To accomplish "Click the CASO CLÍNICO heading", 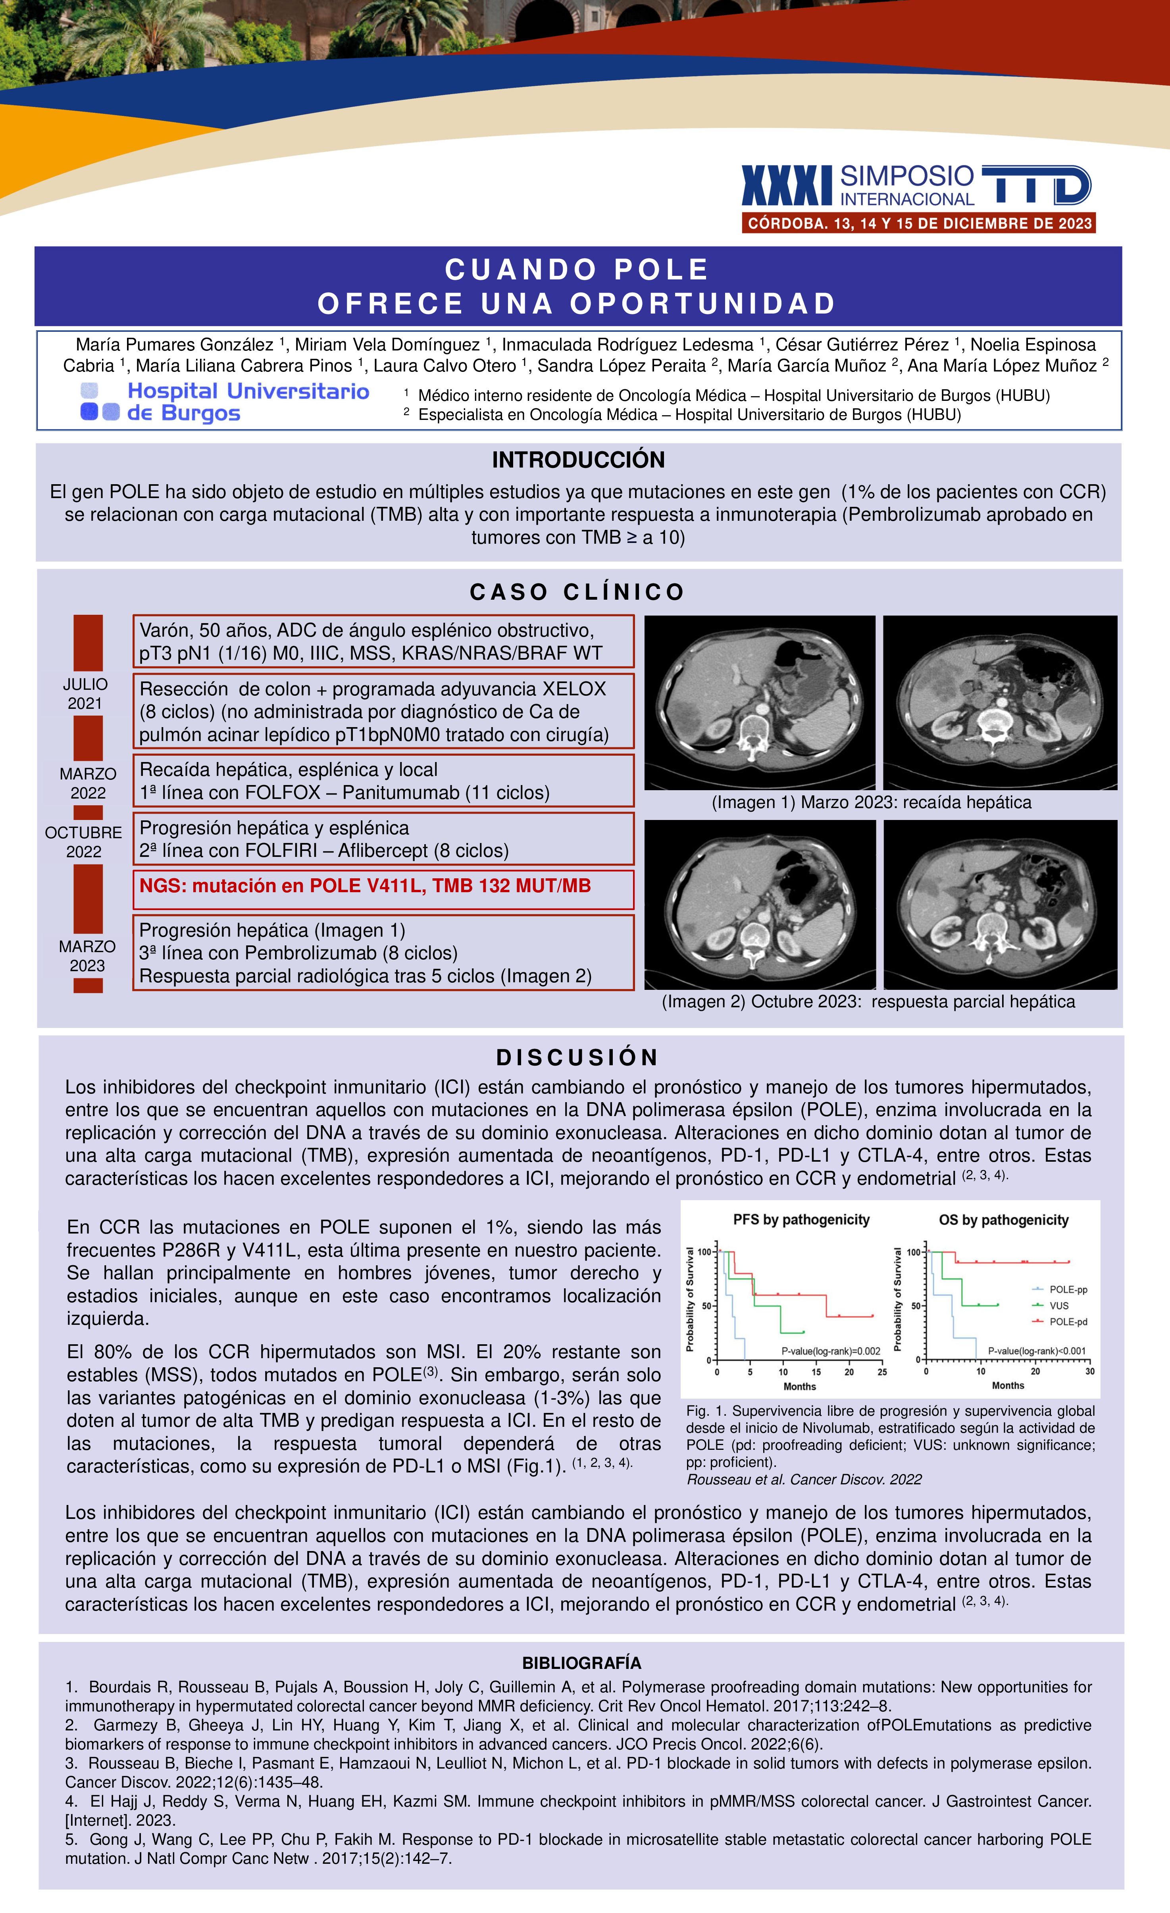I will [x=577, y=593].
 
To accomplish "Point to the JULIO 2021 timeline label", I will [x=85, y=693].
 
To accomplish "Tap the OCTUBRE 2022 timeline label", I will [x=84, y=841].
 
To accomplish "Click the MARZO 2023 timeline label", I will [x=87, y=956].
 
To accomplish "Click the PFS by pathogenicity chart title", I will [x=801, y=1220].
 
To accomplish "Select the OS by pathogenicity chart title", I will [x=1003, y=1220].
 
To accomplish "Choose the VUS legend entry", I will [x=1058, y=1306].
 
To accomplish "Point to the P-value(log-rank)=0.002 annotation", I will [x=831, y=1351].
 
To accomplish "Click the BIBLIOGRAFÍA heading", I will [x=581, y=1663].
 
